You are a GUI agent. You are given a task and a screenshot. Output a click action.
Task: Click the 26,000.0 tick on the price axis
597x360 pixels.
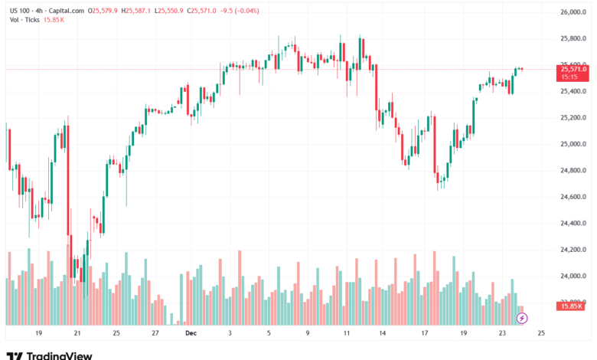pyautogui.click(x=572, y=12)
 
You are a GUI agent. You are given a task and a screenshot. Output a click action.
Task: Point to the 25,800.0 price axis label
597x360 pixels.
pyautogui.click(x=572, y=38)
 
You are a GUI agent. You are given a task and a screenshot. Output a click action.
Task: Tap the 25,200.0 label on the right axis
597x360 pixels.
pyautogui.click(x=572, y=118)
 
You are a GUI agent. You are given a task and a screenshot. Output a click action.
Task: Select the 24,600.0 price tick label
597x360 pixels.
pyautogui.click(x=572, y=197)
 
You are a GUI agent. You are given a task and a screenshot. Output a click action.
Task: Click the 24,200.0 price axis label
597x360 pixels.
pyautogui.click(x=572, y=250)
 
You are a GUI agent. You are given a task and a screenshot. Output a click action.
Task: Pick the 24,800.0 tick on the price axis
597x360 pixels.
pyautogui.click(x=572, y=170)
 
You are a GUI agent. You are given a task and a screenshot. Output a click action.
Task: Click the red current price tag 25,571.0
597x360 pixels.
pyautogui.click(x=573, y=69)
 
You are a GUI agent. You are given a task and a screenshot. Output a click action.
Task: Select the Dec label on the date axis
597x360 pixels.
pyautogui.click(x=190, y=334)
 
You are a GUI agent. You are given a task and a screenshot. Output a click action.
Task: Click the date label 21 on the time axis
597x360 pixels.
pyautogui.click(x=77, y=334)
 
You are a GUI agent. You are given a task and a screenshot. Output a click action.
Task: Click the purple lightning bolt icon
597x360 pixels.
pyautogui.click(x=522, y=317)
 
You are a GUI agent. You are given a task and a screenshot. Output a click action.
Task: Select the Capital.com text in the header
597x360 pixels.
pyautogui.click(x=65, y=11)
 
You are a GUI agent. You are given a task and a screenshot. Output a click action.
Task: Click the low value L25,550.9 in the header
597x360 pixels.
pyautogui.click(x=173, y=11)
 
